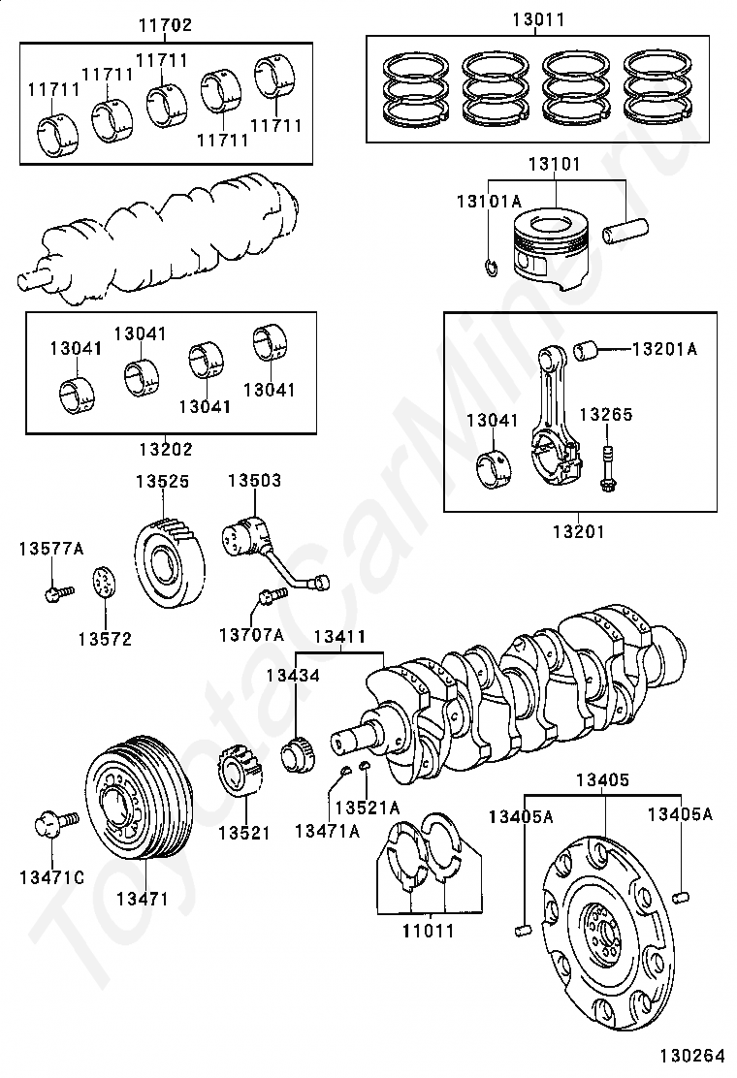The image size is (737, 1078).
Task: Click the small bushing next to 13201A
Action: coord(588,348)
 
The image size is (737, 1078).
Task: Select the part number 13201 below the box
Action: coord(579,530)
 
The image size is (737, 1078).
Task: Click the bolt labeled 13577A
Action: coord(57,589)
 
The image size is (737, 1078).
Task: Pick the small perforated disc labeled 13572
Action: coord(106,586)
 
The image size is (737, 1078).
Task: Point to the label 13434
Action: coord(293,675)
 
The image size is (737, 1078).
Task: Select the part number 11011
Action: coord(428,931)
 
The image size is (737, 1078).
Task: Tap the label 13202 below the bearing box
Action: coord(165,449)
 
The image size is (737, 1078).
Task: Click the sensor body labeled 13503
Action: coord(244,536)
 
